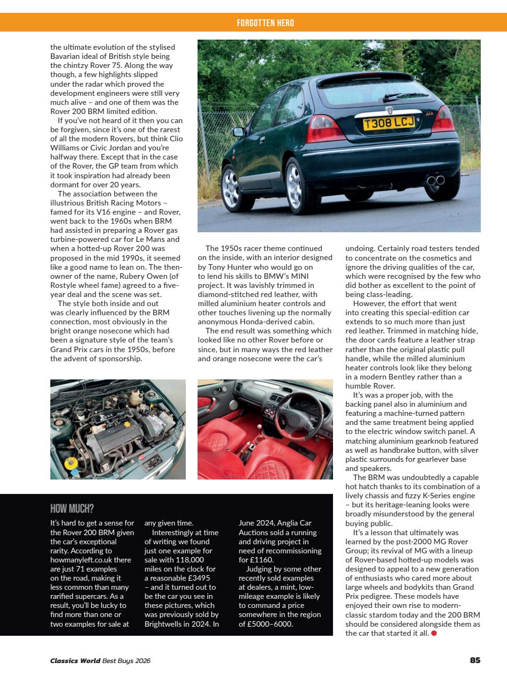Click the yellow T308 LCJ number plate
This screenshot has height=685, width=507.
(x=389, y=124)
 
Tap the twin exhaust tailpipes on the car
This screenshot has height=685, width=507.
(x=435, y=180)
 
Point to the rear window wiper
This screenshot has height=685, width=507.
(x=405, y=97)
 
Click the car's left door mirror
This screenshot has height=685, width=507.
(x=238, y=132)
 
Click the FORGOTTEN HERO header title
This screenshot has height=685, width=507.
(x=265, y=23)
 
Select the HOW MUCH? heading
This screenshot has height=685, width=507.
(x=72, y=508)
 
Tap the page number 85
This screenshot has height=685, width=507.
(x=474, y=660)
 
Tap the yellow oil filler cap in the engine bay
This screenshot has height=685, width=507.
(x=70, y=463)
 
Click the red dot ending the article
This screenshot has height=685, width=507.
(x=434, y=634)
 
